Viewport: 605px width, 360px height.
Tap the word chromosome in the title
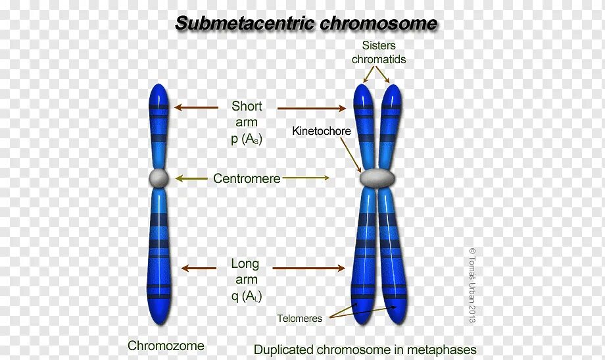click(x=379, y=23)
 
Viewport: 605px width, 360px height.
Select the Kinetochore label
click(x=321, y=131)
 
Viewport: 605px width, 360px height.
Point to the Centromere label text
click(x=247, y=178)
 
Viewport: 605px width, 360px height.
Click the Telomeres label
click(x=299, y=319)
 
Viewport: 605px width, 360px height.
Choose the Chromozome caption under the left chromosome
click(x=166, y=346)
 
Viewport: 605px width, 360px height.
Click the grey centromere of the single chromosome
click(x=159, y=178)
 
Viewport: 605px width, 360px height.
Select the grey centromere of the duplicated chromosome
click(x=377, y=177)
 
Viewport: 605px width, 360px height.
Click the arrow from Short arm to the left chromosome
click(x=196, y=107)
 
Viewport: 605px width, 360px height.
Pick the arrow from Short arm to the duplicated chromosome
click(x=312, y=108)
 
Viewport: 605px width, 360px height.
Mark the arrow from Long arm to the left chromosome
click(x=199, y=268)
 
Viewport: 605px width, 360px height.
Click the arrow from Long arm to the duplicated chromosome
click(x=308, y=268)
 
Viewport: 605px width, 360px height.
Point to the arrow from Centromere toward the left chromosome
click(x=191, y=178)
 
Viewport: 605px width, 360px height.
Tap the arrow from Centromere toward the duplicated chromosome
click(x=306, y=178)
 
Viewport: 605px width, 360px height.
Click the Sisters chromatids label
click(x=378, y=52)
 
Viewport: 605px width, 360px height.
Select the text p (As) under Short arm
click(x=247, y=138)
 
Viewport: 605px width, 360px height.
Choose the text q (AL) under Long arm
click(x=247, y=296)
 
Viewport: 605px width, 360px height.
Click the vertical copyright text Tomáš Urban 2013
click(x=472, y=284)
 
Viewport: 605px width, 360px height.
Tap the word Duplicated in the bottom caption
click(x=284, y=349)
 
